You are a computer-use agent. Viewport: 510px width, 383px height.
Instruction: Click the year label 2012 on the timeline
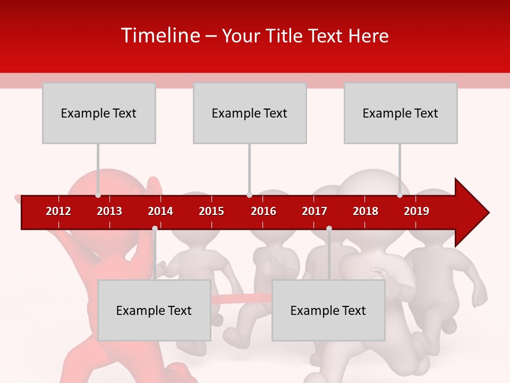tap(58, 211)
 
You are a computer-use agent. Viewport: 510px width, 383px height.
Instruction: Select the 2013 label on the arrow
tap(109, 211)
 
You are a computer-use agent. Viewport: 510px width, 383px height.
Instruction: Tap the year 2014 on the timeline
tap(160, 211)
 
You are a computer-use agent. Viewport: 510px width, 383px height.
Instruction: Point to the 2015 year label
tap(211, 211)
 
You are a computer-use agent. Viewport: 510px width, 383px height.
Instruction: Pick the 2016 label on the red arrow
tap(263, 211)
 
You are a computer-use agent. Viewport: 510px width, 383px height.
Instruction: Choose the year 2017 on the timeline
tap(314, 211)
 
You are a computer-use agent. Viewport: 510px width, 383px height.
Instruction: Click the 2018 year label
tap(365, 211)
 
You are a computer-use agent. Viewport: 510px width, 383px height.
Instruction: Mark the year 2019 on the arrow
tap(416, 211)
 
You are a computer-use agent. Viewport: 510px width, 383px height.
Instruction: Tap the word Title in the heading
tap(285, 36)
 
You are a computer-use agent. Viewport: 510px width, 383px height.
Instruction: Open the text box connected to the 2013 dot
tap(99, 113)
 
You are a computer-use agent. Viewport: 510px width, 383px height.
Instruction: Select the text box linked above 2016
tap(250, 113)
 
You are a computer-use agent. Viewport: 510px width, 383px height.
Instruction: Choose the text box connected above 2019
tap(401, 113)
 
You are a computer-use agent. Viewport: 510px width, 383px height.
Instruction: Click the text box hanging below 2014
tap(154, 310)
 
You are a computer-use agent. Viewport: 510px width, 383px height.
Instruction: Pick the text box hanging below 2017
tap(328, 310)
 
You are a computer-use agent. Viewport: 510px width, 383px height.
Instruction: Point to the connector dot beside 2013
tap(98, 195)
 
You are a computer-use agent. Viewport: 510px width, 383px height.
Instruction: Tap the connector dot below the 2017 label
tap(329, 229)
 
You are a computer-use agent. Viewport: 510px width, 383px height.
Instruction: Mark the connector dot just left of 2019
tap(399, 195)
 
